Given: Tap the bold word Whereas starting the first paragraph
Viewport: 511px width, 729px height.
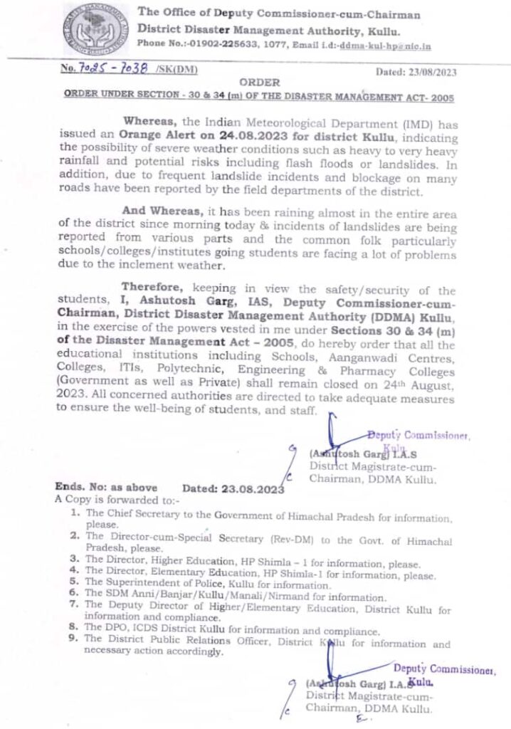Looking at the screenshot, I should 150,124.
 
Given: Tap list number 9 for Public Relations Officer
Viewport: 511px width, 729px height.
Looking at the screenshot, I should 73,639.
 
